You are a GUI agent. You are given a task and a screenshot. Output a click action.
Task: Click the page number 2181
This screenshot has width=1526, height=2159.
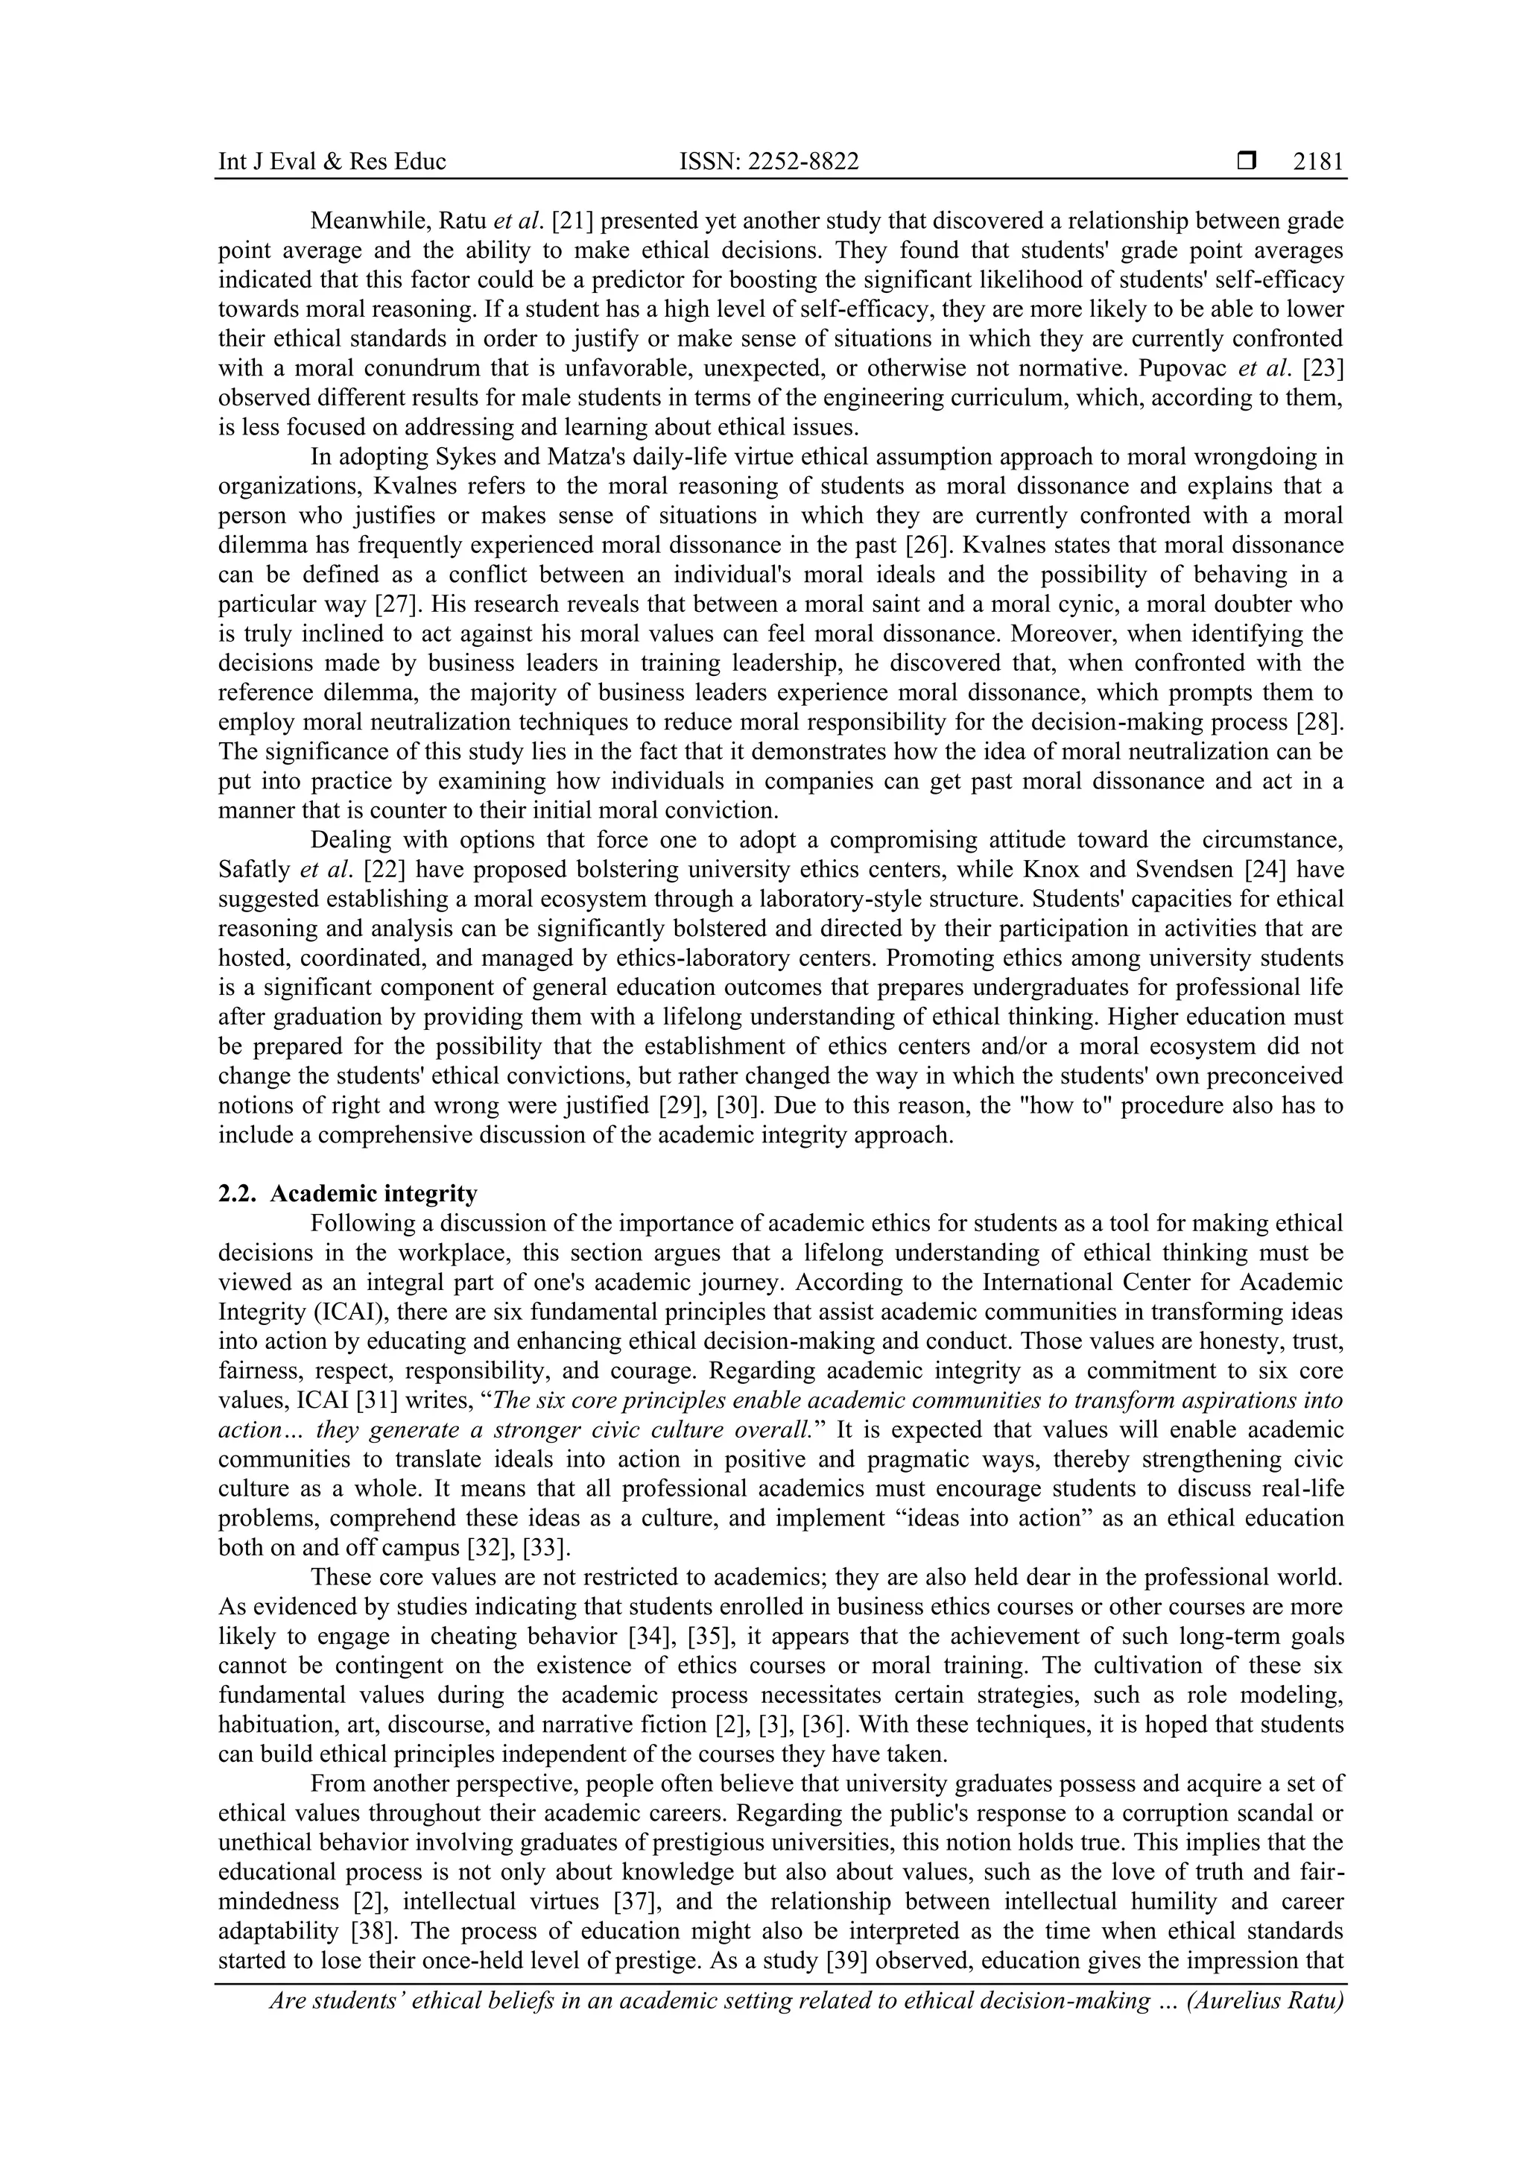pyautogui.click(x=1317, y=162)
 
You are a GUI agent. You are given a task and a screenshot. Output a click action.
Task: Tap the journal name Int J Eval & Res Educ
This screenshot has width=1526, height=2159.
pyautogui.click(x=332, y=162)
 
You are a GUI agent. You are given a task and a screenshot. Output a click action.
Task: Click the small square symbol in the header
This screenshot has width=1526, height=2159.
pyautogui.click(x=1247, y=162)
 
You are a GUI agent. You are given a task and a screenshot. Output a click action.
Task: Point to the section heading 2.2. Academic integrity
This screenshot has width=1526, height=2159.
pyautogui.click(x=348, y=1193)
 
